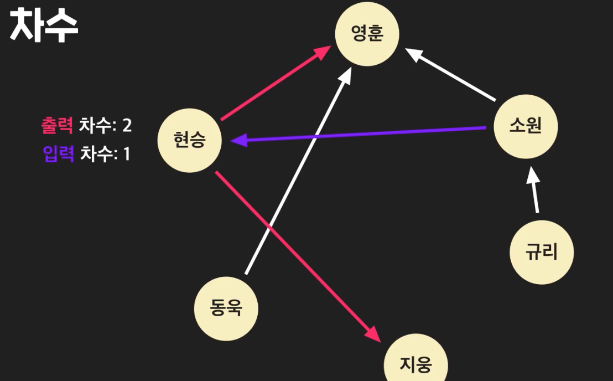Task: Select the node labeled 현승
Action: (x=190, y=141)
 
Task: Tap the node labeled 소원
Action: (x=525, y=127)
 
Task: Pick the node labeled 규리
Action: (x=542, y=252)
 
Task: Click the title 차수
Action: (x=44, y=25)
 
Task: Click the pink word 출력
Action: (x=57, y=125)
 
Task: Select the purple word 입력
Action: (x=59, y=153)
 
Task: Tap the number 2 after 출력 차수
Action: (x=127, y=125)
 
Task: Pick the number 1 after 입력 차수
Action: (x=126, y=153)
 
